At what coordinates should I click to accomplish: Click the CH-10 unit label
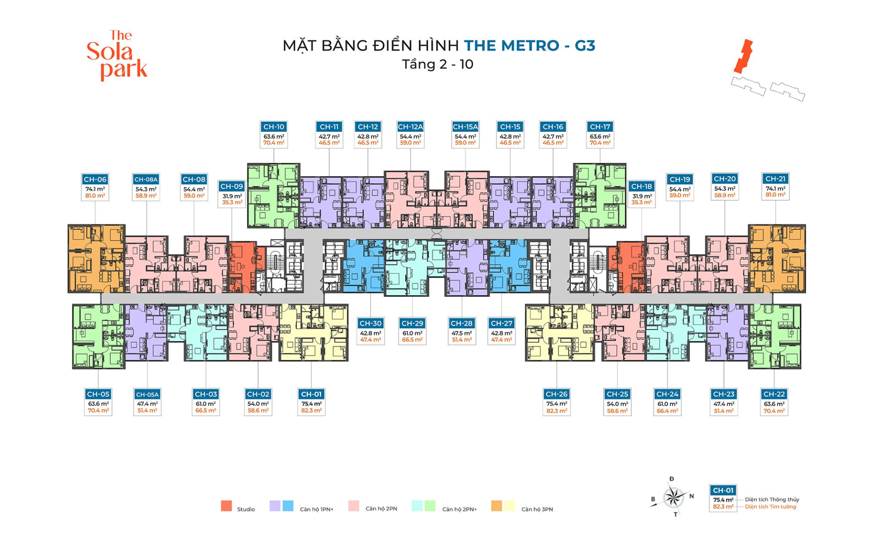point(273,127)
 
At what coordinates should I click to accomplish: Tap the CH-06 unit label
point(95,179)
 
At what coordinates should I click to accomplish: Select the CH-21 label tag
point(775,179)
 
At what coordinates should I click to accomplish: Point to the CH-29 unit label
point(412,323)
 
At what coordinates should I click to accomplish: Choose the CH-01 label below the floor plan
point(311,394)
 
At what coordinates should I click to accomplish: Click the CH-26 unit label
point(557,394)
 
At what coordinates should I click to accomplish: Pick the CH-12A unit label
point(410,127)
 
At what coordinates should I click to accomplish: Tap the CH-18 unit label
point(641,186)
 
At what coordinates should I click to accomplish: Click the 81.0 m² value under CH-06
point(95,196)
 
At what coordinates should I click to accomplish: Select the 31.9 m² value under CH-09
point(232,196)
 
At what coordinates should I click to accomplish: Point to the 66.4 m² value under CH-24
point(667,411)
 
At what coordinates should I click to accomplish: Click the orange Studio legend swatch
point(226,506)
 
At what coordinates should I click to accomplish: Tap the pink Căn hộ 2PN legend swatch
point(353,506)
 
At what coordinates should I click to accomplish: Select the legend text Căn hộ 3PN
point(537,509)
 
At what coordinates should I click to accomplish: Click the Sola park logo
point(117,55)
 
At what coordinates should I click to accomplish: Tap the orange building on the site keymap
point(743,56)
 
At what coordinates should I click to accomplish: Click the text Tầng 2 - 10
point(438,65)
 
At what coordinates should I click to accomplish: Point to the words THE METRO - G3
point(530,46)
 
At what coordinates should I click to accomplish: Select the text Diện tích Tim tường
point(770,507)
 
